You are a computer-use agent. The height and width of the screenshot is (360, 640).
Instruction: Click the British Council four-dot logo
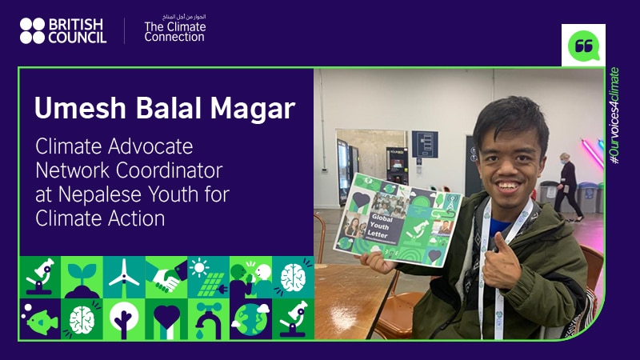[32, 30]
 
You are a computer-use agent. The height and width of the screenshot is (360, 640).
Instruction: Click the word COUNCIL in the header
[77, 38]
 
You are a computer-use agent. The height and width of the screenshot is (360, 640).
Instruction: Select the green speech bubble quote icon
[583, 45]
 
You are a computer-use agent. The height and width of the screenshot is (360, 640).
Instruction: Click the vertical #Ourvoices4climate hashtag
[614, 117]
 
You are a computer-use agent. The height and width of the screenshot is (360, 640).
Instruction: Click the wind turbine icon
[124, 277]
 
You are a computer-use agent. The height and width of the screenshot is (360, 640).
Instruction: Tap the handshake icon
[166, 277]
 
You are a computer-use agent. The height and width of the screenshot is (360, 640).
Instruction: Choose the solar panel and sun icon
[208, 277]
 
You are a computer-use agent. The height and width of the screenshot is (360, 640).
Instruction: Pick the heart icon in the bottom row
[166, 318]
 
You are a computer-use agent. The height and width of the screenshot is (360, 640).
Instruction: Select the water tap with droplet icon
[208, 318]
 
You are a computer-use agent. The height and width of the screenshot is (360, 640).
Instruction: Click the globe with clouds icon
[250, 318]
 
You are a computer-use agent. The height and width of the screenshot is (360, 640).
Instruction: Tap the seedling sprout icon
[81, 277]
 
